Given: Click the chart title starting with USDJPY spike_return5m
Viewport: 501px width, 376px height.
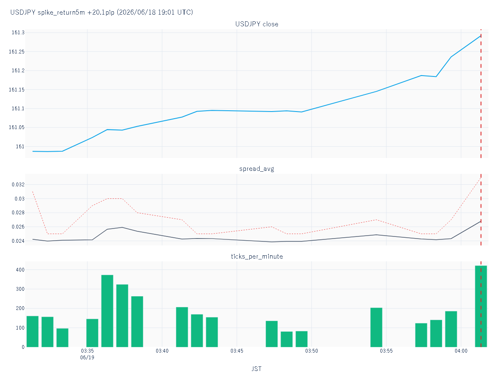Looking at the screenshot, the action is (101, 12).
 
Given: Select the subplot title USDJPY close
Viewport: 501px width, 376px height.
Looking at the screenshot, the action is (256, 24).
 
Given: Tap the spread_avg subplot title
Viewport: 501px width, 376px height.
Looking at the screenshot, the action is (256, 169).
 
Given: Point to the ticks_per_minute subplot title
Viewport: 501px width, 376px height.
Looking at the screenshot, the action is (257, 257).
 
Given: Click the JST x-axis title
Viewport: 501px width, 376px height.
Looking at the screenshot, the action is (256, 369).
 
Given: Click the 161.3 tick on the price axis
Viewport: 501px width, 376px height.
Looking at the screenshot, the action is (18, 33).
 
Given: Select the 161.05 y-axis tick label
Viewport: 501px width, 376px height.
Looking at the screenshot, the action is (16, 127).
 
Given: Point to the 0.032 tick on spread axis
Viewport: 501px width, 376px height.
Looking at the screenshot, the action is (18, 185).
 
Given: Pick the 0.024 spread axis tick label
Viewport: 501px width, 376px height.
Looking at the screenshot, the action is (18, 241).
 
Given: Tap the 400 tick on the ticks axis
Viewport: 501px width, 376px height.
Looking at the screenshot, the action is (20, 269).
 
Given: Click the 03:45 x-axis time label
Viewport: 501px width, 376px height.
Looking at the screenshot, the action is (237, 351).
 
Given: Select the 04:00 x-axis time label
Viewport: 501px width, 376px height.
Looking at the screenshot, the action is (461, 351).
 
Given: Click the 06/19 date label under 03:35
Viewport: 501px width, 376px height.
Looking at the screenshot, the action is (87, 358).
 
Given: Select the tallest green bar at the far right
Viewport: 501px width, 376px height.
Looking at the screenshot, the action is (481, 306).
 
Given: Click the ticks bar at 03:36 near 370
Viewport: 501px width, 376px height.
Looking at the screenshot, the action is (107, 311).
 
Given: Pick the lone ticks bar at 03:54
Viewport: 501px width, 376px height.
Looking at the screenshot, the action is (376, 328).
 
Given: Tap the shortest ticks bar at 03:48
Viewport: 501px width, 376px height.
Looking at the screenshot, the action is (286, 339).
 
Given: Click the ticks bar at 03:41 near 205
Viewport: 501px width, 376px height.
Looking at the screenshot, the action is (182, 327).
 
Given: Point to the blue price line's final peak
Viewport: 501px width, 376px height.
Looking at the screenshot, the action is (481, 36).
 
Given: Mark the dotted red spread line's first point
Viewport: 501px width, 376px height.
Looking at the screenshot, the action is (33, 191).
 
